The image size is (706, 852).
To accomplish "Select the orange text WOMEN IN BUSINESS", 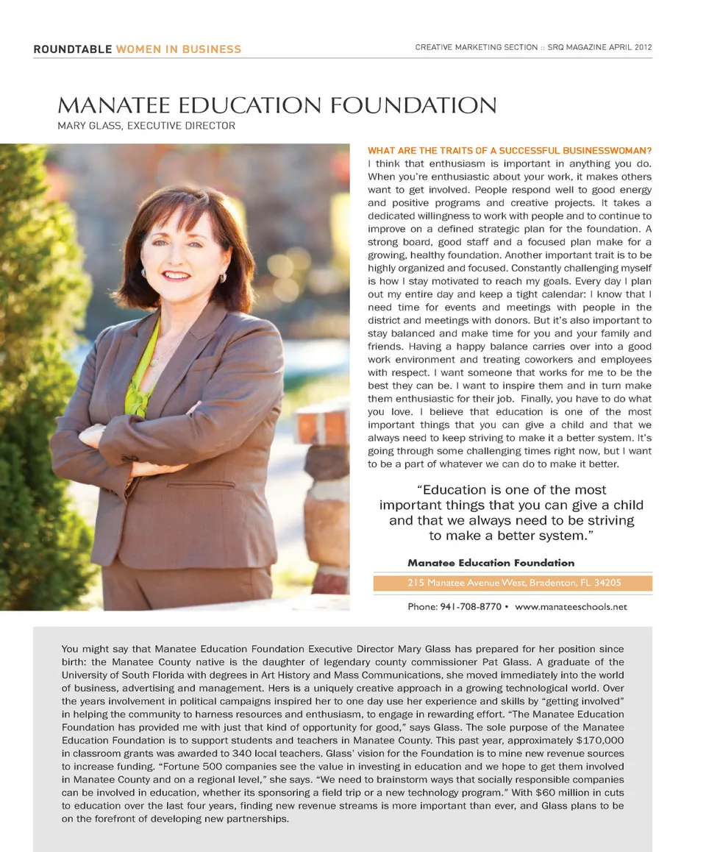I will pos(179,49).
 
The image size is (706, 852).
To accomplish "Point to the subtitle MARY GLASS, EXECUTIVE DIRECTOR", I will pos(146,126).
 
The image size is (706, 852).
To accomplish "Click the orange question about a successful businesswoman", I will pos(509,151).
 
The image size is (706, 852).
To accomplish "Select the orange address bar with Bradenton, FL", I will pos(513,583).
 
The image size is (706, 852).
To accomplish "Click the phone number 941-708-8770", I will pos(471,607).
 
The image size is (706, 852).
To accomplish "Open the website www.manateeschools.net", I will pos(571,607).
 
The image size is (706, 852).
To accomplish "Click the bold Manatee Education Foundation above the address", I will pos(491,563).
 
